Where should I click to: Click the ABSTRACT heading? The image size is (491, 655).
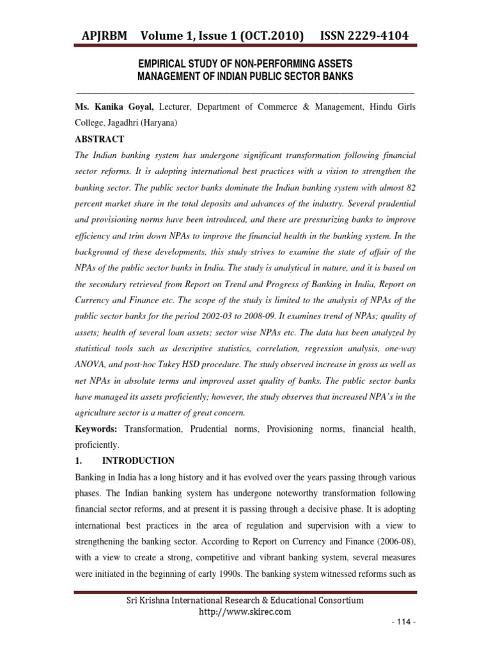pyautogui.click(x=100, y=139)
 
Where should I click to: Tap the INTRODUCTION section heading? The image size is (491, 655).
pyautogui.click(x=141, y=461)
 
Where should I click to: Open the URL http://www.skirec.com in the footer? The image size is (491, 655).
pyautogui.click(x=245, y=612)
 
